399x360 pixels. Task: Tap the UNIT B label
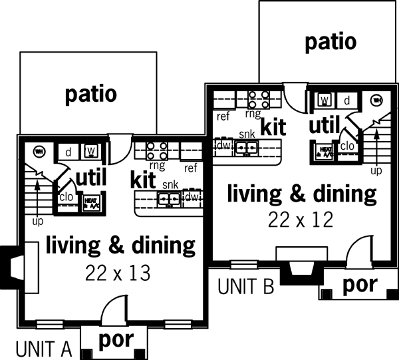coord(245,287)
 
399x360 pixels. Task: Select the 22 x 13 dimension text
coord(118,273)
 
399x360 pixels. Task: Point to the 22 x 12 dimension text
coord(301,219)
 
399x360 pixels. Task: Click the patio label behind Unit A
coord(91,94)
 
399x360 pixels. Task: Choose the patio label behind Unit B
coord(330,42)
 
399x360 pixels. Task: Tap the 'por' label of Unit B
coord(359,285)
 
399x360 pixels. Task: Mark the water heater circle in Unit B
coord(376,100)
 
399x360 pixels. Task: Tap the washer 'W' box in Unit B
coord(325,100)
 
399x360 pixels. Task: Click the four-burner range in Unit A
coord(157,150)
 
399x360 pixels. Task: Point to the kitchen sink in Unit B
coord(246,146)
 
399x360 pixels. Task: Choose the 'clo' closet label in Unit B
coord(346,147)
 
